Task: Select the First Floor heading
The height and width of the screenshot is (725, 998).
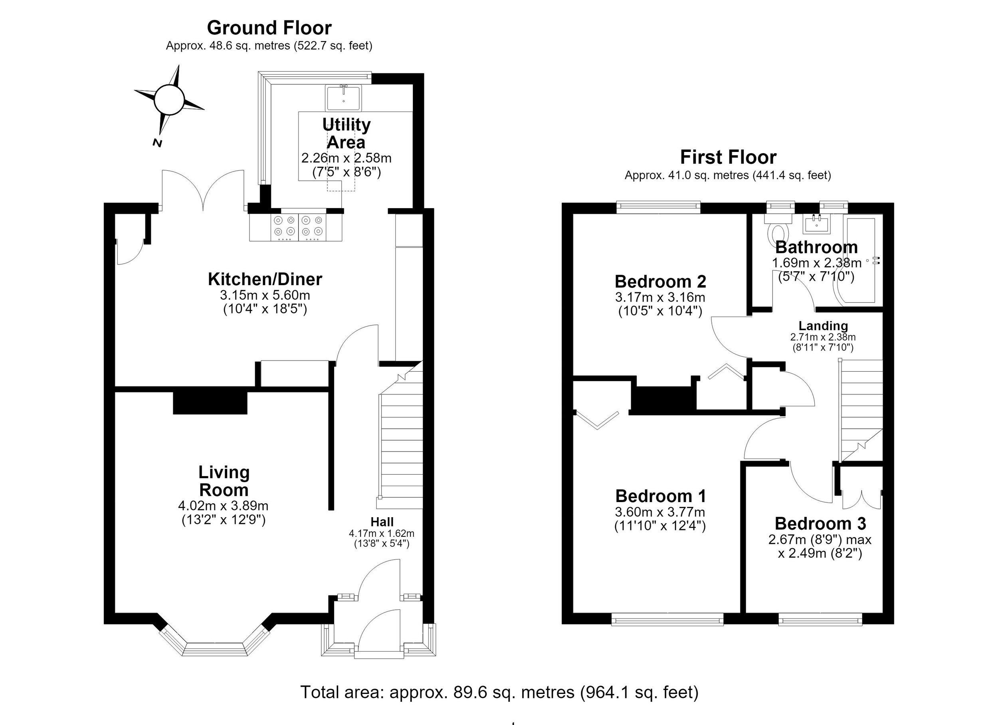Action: point(728,157)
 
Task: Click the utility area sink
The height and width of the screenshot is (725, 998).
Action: point(343,98)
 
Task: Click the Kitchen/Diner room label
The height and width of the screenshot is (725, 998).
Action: point(265,279)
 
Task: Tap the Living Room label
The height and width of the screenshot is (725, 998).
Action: point(224,481)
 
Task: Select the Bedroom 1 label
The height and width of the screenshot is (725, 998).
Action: point(661,496)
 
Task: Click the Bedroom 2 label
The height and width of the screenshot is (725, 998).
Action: point(661,282)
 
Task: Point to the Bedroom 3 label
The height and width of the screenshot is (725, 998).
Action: point(820,524)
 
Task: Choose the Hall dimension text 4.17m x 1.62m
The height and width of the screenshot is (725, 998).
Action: point(382,533)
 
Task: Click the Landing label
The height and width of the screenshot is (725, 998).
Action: point(823,326)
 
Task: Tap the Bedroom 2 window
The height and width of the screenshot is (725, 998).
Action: point(658,207)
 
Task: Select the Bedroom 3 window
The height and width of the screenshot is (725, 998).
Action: point(820,620)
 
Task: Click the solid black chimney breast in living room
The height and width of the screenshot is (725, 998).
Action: point(210,403)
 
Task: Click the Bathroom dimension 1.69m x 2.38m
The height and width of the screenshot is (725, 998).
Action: point(817,263)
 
